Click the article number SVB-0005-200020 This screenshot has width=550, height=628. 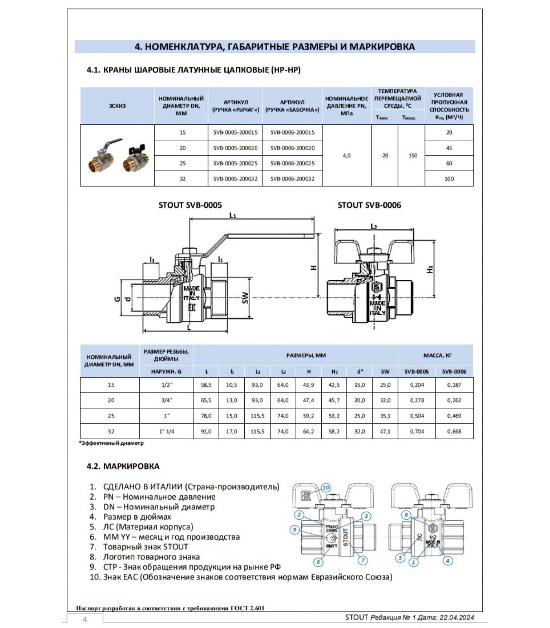[235, 148]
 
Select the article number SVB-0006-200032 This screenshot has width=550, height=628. [292, 179]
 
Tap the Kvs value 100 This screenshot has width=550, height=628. [449, 179]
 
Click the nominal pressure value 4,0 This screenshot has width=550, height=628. [346, 155]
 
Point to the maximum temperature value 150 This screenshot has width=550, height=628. [412, 155]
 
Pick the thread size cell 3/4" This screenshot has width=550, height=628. [167, 400]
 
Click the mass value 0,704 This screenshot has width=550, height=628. [417, 431]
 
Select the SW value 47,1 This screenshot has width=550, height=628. [385, 431]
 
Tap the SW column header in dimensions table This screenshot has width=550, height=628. [385, 371]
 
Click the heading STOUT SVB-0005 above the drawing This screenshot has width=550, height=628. [190, 205]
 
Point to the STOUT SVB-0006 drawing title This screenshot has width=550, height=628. [369, 205]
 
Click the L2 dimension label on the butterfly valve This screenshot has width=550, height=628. [374, 226]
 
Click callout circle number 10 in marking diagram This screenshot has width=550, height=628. [326, 488]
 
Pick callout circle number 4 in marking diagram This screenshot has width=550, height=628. [447, 560]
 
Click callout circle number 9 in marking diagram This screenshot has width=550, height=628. [295, 530]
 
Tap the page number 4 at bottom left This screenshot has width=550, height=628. [84, 620]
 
